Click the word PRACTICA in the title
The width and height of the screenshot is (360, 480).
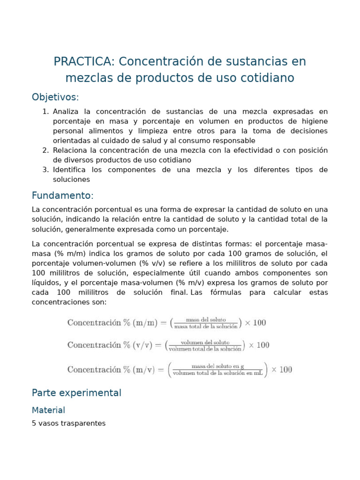82,61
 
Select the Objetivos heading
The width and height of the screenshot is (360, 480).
55,97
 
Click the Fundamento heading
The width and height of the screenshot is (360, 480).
62,195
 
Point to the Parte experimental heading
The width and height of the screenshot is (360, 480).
76,393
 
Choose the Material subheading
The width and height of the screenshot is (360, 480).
48,410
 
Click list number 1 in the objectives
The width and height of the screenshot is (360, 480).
45,112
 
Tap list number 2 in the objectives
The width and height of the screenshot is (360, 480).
45,150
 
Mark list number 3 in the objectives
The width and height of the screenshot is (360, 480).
45,170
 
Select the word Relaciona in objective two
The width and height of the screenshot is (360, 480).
70,150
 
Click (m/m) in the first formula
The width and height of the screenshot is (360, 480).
146,322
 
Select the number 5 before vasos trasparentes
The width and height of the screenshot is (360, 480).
34,423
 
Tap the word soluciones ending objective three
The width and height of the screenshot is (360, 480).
71,180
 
